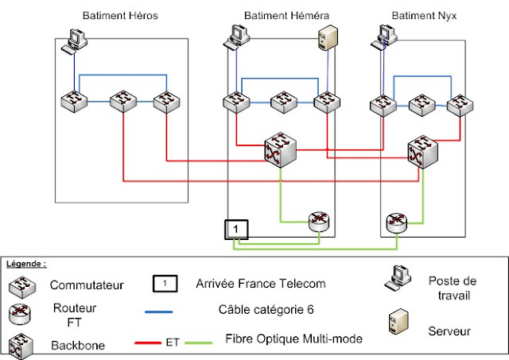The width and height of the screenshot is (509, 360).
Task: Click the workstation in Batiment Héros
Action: coord(76,41)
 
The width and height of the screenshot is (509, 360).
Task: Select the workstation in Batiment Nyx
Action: coord(387,37)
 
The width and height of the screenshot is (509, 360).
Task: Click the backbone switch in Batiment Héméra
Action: coord(281,149)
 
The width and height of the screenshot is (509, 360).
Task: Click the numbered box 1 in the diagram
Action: coord(236,229)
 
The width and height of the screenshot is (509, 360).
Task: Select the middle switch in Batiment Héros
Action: coord(122,102)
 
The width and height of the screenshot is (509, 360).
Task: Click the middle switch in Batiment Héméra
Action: coord(283,102)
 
